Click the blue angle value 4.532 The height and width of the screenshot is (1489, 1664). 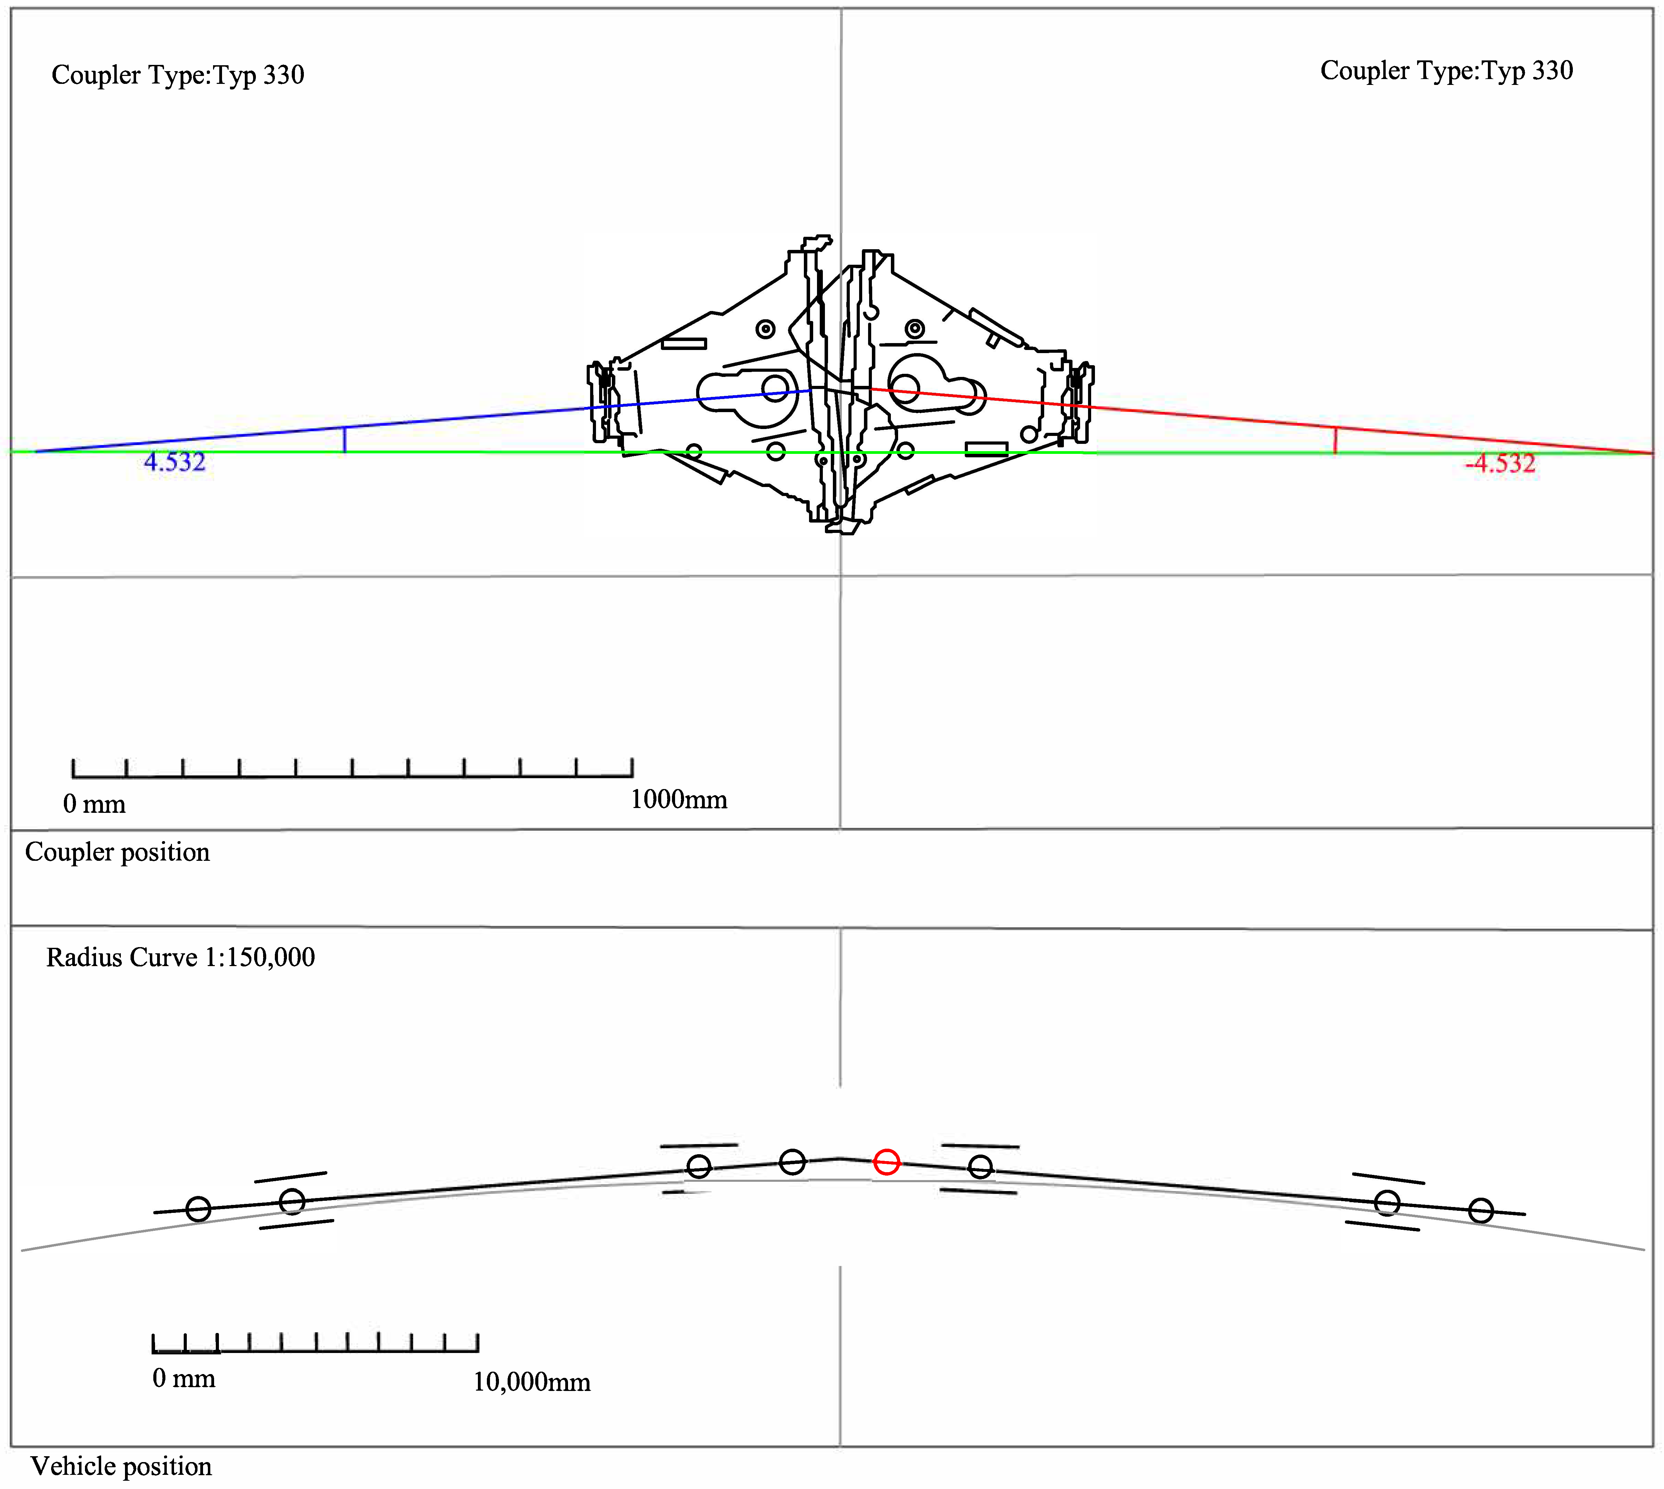pos(174,462)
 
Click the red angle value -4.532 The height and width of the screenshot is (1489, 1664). pos(1500,464)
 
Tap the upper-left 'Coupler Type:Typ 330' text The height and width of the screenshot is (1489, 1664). pos(177,75)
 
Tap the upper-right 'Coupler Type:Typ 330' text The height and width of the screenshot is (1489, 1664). pos(1446,71)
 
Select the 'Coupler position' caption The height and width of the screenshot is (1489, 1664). pos(117,853)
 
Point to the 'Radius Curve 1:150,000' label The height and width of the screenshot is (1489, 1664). pos(180,957)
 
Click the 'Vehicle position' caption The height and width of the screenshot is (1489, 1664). pos(121,1466)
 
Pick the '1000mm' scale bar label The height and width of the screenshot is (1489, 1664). pos(679,799)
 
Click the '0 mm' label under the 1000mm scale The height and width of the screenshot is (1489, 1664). pos(94,804)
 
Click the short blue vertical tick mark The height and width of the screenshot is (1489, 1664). pos(345,439)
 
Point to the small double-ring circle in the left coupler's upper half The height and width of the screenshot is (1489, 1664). pos(765,329)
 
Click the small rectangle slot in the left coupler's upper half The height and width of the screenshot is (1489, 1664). pos(683,344)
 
